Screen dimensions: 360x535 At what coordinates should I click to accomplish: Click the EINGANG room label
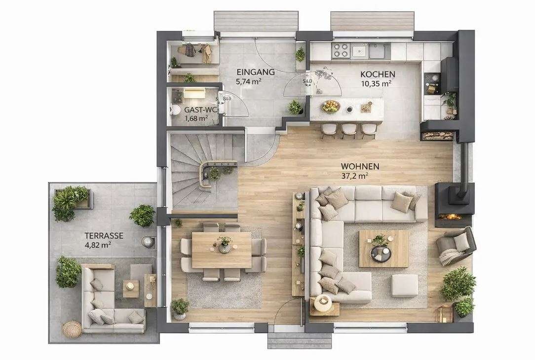pos(255,72)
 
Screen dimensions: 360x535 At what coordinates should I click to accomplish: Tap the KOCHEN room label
pos(377,74)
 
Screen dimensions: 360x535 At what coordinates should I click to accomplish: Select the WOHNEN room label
pos(359,166)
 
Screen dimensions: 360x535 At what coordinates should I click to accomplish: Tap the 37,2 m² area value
pos(355,176)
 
